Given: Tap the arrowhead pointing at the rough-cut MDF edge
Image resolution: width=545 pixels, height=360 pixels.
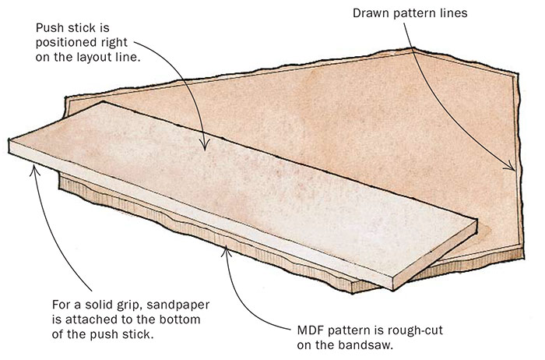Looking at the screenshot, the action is point(225,249).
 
